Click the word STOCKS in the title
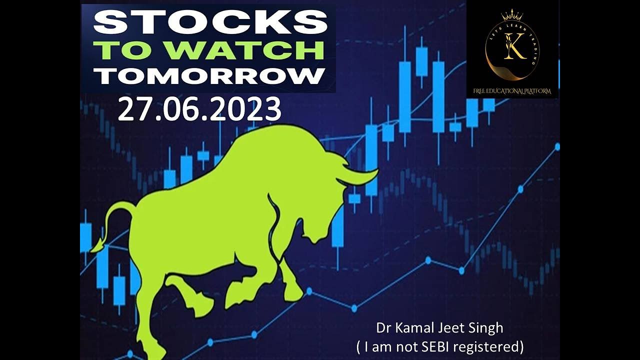(210, 22)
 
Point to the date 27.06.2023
(199, 110)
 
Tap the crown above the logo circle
(512, 14)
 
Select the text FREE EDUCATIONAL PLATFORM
(512, 91)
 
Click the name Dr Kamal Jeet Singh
(439, 328)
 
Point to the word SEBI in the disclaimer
(446, 346)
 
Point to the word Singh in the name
(487, 328)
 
